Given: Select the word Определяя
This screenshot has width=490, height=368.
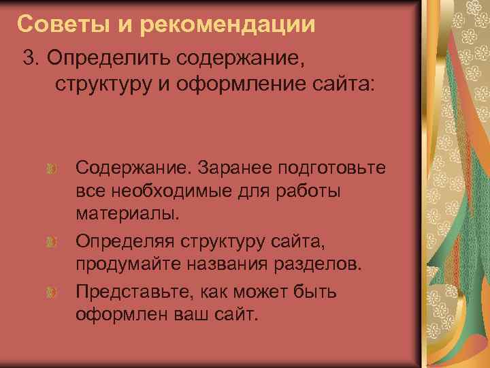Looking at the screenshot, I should tap(123, 241).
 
